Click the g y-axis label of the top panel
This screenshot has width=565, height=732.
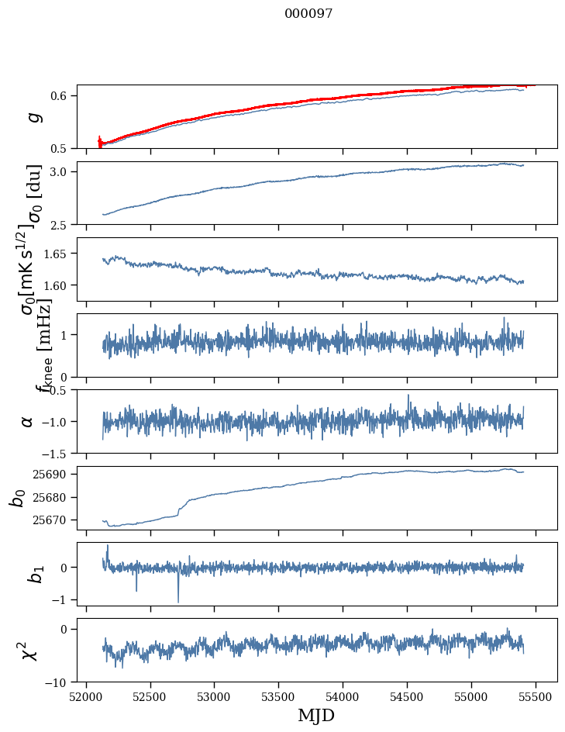33,116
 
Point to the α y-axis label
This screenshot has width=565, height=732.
27,421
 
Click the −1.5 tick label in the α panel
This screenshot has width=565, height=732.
55,453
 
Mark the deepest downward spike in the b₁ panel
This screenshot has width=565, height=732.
178,602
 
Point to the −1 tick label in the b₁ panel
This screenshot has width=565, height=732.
60,599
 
